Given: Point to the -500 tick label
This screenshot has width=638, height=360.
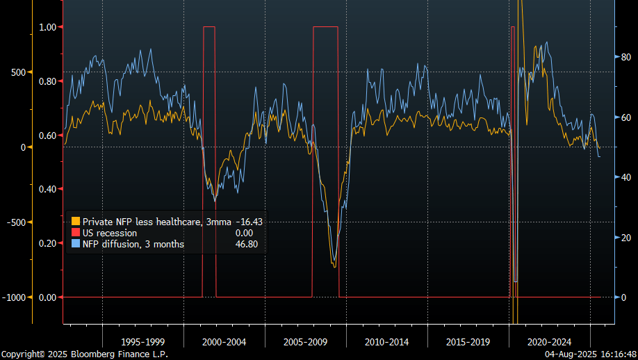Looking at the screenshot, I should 14,222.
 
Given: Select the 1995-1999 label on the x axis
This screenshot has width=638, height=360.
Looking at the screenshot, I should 142,342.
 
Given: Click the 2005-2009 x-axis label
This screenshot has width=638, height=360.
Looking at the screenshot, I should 305,342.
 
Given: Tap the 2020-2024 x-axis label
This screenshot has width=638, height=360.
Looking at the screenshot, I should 549,342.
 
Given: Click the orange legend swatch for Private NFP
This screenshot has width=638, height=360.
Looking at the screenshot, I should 76,222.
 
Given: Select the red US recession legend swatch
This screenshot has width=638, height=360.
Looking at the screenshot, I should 76,233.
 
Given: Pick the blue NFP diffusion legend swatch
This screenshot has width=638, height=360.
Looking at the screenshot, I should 76,244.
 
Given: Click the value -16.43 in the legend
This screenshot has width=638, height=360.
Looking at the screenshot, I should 249,222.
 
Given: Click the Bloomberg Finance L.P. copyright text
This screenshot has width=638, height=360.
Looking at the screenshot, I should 84,354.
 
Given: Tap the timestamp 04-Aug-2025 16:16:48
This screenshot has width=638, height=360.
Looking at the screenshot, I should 590,354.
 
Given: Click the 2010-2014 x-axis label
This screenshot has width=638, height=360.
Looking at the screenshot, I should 386,342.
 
